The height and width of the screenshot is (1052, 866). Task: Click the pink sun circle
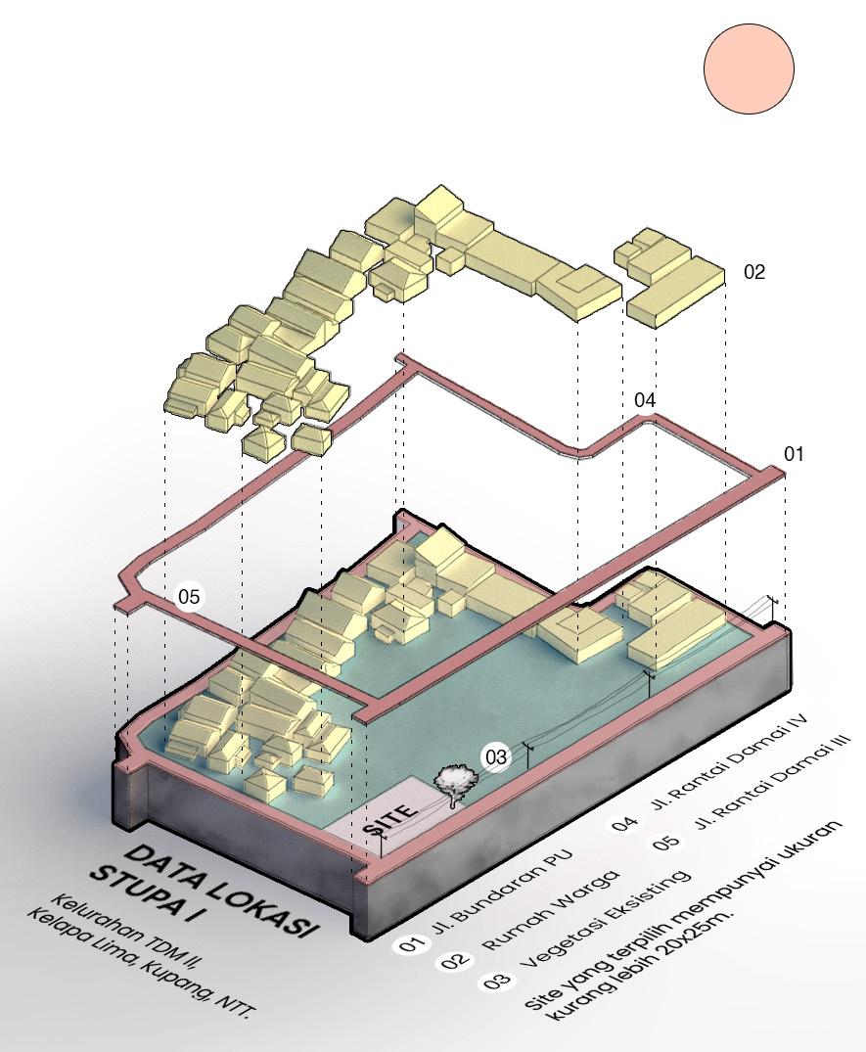pos(749,69)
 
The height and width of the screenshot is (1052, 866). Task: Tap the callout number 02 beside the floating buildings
pos(754,272)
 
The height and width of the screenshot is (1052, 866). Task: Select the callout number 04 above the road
pos(645,400)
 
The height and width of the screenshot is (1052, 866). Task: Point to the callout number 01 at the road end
pos(794,454)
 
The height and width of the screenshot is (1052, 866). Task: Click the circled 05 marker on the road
pos(189,596)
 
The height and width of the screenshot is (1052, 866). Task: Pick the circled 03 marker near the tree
pos(496,757)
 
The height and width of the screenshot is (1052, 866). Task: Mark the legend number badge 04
pos(625,822)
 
